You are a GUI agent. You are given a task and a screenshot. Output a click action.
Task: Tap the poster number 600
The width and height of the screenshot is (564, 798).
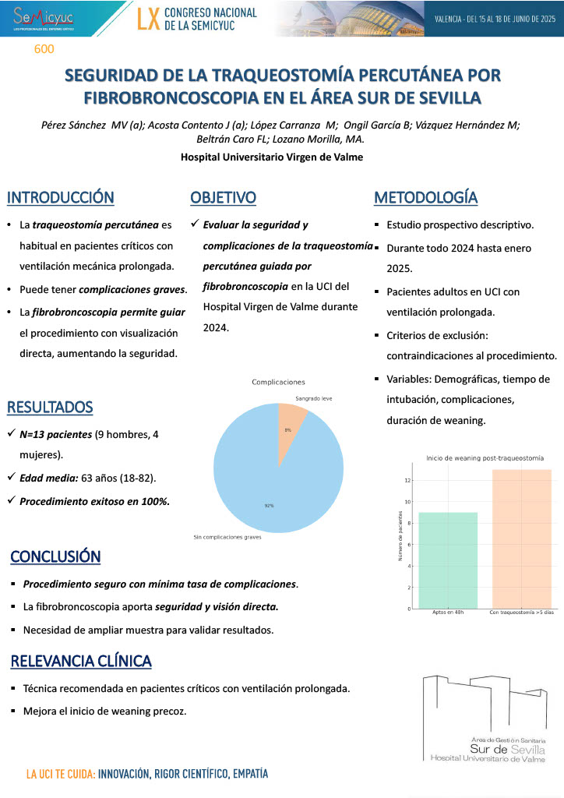[x=44, y=49]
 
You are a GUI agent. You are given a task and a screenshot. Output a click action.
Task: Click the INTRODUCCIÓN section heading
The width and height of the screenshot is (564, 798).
[x=61, y=198]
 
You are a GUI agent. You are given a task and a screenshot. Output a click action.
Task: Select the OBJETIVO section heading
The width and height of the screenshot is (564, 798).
[x=224, y=198]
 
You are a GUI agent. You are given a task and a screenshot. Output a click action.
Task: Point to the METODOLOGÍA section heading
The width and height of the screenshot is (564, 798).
[x=426, y=198]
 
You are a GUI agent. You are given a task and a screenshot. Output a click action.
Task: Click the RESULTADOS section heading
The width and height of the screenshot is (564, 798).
[x=50, y=407]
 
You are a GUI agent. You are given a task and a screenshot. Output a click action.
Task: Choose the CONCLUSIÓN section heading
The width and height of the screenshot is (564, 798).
[x=55, y=556]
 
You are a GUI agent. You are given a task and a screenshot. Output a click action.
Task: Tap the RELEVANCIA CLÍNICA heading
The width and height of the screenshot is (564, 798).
[x=81, y=662]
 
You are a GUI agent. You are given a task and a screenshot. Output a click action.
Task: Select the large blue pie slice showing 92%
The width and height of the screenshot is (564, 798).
[x=273, y=483]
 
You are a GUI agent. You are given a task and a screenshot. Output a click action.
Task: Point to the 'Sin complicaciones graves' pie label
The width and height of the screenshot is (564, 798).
[x=227, y=537]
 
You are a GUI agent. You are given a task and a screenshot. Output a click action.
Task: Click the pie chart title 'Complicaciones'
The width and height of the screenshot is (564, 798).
[x=278, y=382]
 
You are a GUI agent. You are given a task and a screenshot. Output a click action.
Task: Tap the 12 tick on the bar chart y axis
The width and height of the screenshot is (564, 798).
[x=406, y=480]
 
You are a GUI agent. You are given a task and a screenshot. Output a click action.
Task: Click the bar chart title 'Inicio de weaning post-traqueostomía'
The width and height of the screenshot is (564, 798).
[x=485, y=457]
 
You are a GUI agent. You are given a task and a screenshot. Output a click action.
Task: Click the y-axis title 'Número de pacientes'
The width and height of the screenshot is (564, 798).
[x=400, y=538]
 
